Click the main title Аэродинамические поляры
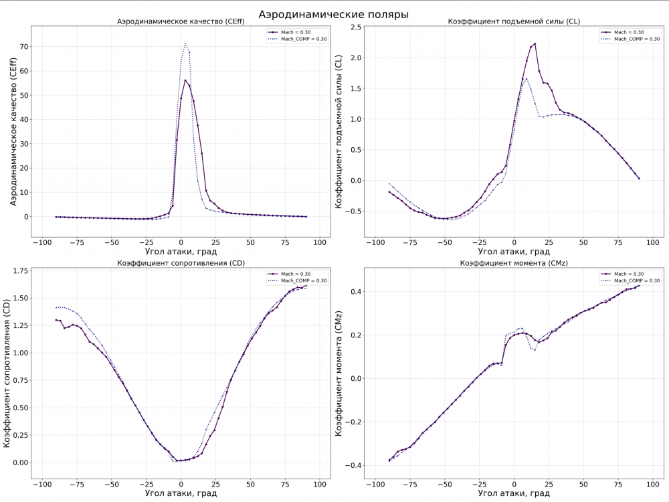(x=333, y=13)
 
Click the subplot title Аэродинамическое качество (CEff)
(x=181, y=22)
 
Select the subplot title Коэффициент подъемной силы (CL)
(x=514, y=22)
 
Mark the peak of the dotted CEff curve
(x=185, y=44)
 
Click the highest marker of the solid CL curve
(x=535, y=44)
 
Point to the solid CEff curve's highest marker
(x=185, y=80)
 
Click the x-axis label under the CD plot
(x=181, y=493)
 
